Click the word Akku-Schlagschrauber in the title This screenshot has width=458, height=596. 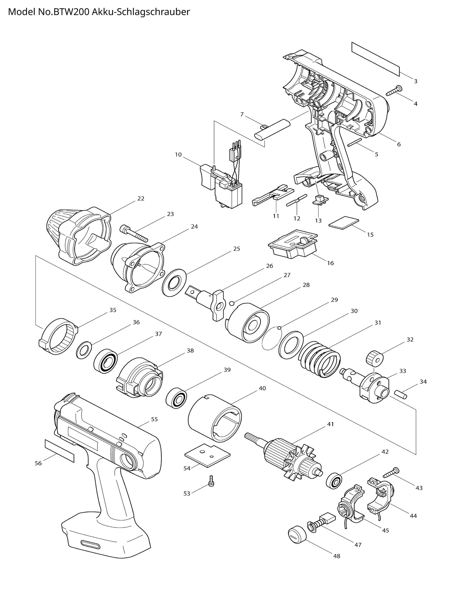click(141, 12)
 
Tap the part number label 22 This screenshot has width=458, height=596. click(141, 198)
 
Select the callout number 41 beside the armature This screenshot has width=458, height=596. click(330, 424)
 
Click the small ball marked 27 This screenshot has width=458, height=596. click(232, 303)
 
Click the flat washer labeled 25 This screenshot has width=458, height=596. click(174, 283)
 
